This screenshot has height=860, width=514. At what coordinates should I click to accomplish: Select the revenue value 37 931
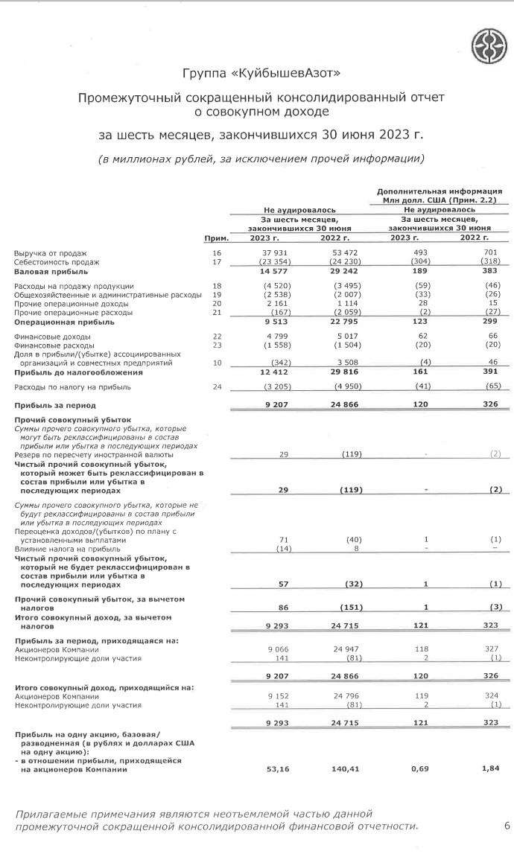[275, 254]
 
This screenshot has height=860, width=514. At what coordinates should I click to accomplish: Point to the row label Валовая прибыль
[47, 271]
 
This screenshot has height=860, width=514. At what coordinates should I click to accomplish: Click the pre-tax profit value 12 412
[274, 372]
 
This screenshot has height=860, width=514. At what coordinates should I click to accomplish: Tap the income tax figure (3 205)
[273, 387]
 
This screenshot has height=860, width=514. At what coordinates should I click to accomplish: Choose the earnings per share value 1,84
[491, 770]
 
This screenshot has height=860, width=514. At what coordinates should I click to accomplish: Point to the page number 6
[507, 826]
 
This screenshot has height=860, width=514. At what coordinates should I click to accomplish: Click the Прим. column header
[215, 238]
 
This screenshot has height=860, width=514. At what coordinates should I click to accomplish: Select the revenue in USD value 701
[492, 254]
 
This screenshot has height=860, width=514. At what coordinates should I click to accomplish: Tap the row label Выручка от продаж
[51, 254]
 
